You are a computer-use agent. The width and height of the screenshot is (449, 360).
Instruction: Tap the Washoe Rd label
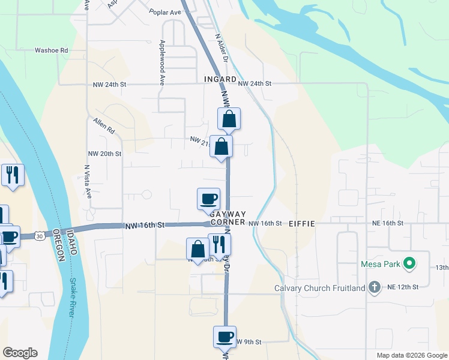[x=50, y=50]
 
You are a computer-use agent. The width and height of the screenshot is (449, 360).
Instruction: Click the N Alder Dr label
[x=221, y=47]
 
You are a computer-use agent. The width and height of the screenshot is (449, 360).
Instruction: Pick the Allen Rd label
[x=104, y=125]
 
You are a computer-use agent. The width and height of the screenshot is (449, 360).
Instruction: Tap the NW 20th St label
[x=104, y=154]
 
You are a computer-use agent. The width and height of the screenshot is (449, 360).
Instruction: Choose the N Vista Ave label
[x=87, y=182]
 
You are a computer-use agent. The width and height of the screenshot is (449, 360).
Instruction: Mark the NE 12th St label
[x=402, y=287]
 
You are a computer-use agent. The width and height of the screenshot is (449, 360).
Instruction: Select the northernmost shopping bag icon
[x=229, y=119]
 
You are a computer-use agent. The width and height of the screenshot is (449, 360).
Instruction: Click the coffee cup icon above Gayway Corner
[x=208, y=199]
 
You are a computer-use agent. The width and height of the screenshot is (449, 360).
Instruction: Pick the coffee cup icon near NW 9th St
[x=224, y=337]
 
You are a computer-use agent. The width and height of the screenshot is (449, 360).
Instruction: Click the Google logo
[x=20, y=353]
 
